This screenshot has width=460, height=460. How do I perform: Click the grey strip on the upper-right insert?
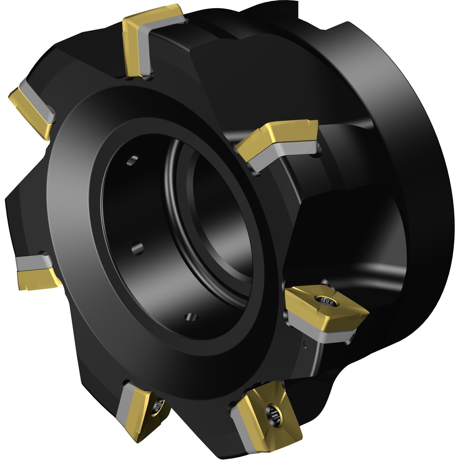pos(284,152)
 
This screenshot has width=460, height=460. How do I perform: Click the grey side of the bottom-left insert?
pos(125,411)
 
